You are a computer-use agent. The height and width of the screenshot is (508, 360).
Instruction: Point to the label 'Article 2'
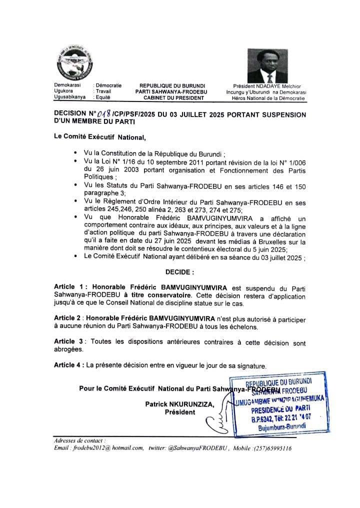click(x=68, y=318)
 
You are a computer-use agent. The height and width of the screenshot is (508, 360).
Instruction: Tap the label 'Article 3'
click(x=68, y=341)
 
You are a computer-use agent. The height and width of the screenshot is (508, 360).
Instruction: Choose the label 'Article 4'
click(x=68, y=364)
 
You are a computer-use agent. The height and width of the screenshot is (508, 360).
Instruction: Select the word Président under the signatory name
click(x=179, y=412)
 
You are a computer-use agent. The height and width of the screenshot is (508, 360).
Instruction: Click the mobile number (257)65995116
click(x=270, y=448)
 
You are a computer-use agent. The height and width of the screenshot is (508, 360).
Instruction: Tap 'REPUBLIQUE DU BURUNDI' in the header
click(x=172, y=86)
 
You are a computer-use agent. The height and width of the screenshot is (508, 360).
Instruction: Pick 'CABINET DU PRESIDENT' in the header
click(x=172, y=98)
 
